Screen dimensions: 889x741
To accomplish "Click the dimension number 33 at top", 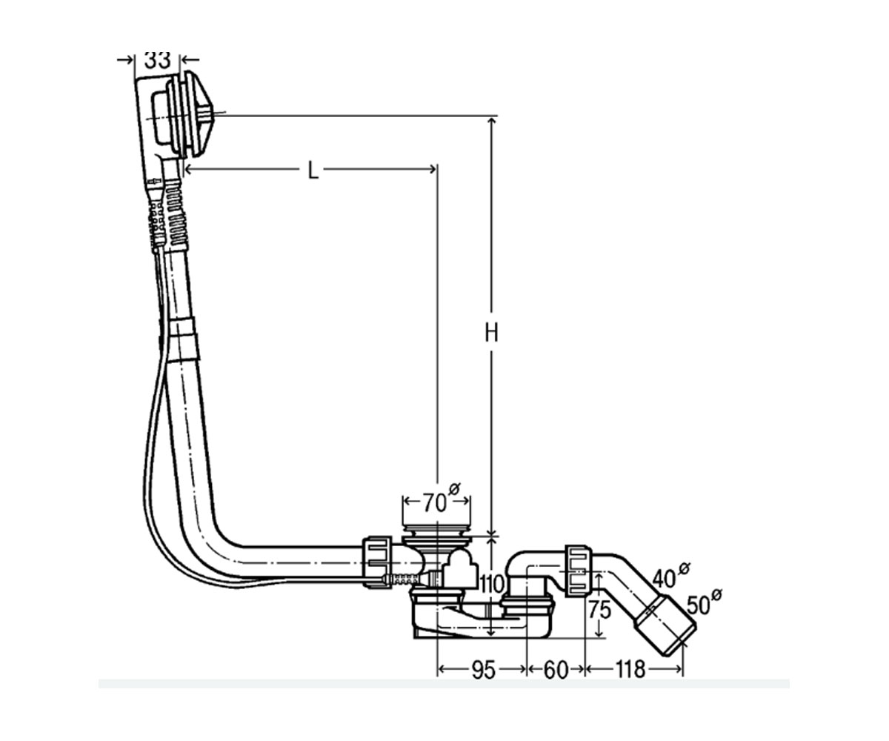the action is click(157, 61).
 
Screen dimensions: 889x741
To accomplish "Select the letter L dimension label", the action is click(313, 170).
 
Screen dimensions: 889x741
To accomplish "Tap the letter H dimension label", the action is click(491, 333).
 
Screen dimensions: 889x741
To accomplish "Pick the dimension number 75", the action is click(599, 610).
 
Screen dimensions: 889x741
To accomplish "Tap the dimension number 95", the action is click(484, 670).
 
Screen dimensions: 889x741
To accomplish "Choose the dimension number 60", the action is click(556, 670).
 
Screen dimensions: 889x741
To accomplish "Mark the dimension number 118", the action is click(630, 670).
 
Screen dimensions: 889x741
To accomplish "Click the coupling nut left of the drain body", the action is click(377, 562).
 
